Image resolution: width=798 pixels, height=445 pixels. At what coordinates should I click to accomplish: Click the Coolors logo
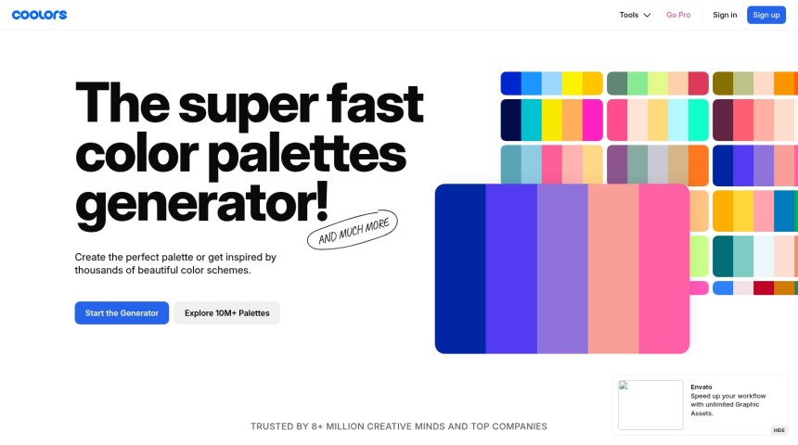(x=39, y=15)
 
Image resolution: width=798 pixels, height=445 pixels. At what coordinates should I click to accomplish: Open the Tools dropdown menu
(x=635, y=15)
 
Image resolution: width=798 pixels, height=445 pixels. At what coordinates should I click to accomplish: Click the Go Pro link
(x=678, y=15)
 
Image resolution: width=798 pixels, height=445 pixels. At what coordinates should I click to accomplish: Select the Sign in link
(x=725, y=15)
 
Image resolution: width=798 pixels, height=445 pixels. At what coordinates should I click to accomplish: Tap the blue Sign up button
(x=766, y=15)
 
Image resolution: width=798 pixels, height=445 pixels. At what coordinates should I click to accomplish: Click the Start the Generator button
(x=122, y=313)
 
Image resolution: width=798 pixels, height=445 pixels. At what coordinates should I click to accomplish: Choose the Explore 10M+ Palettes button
(x=226, y=313)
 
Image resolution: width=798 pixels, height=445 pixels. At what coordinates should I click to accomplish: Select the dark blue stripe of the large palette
(x=460, y=269)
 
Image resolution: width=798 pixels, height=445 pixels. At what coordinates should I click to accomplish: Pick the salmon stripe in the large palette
(x=612, y=269)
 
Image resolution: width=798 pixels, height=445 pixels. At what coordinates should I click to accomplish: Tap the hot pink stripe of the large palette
(x=663, y=269)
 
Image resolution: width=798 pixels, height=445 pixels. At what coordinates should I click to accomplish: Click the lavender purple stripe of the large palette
(x=562, y=269)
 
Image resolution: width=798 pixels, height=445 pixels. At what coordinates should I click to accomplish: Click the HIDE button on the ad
(x=779, y=430)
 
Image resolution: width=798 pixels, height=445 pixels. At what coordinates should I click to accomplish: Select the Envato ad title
(x=701, y=387)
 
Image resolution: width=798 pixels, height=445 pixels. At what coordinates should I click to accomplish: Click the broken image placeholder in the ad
(x=650, y=405)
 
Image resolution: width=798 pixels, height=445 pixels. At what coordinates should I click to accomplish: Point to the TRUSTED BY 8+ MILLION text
(x=399, y=426)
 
